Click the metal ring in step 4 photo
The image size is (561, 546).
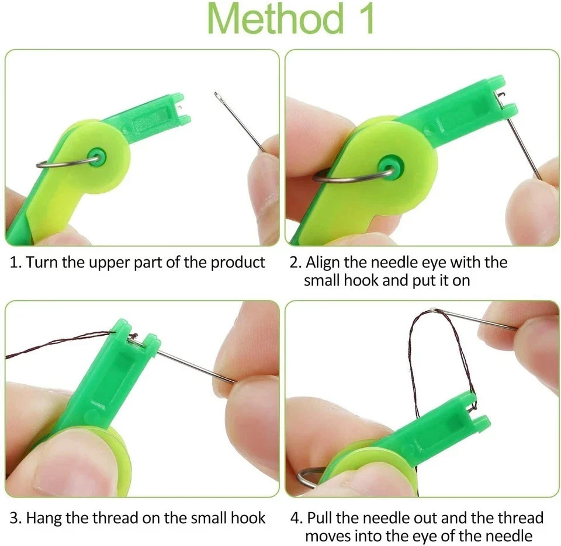[x=307, y=476]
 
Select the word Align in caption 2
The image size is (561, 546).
[x=322, y=262]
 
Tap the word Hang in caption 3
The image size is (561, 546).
[x=43, y=517]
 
